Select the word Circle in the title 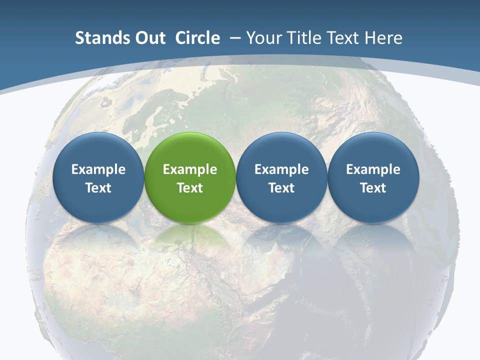tap(197, 38)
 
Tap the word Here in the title tap(383, 38)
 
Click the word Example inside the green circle tap(190, 169)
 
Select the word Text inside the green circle tap(190, 188)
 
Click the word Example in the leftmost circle tap(98, 169)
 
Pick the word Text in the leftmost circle tap(98, 188)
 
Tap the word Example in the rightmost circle tap(373, 169)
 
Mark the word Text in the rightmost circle tap(373, 188)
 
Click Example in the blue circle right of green tap(281, 169)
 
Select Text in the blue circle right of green tap(281, 188)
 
